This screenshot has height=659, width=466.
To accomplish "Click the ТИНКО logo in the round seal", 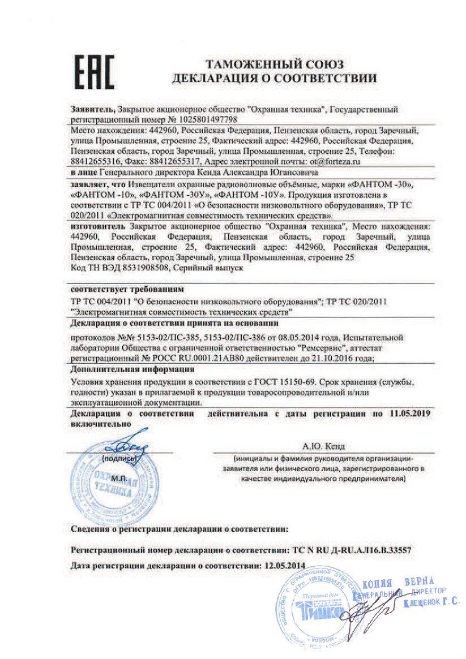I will coord(320,611).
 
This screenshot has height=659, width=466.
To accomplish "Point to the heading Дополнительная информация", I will coord(127,370).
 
